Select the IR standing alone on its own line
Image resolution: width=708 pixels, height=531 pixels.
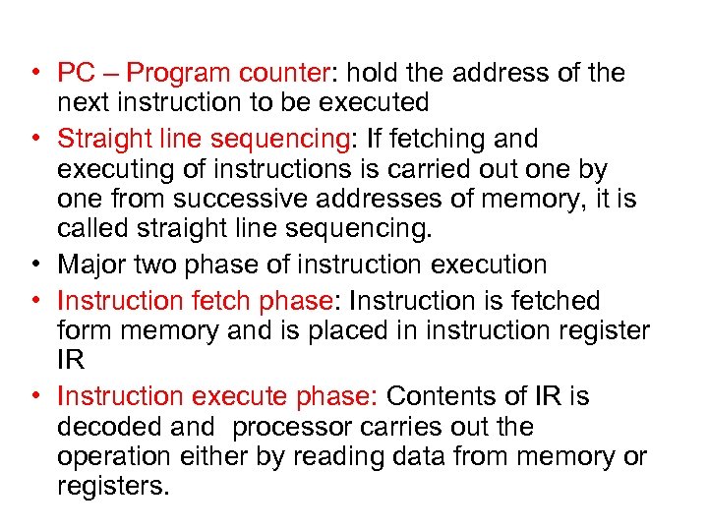coord(71,361)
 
